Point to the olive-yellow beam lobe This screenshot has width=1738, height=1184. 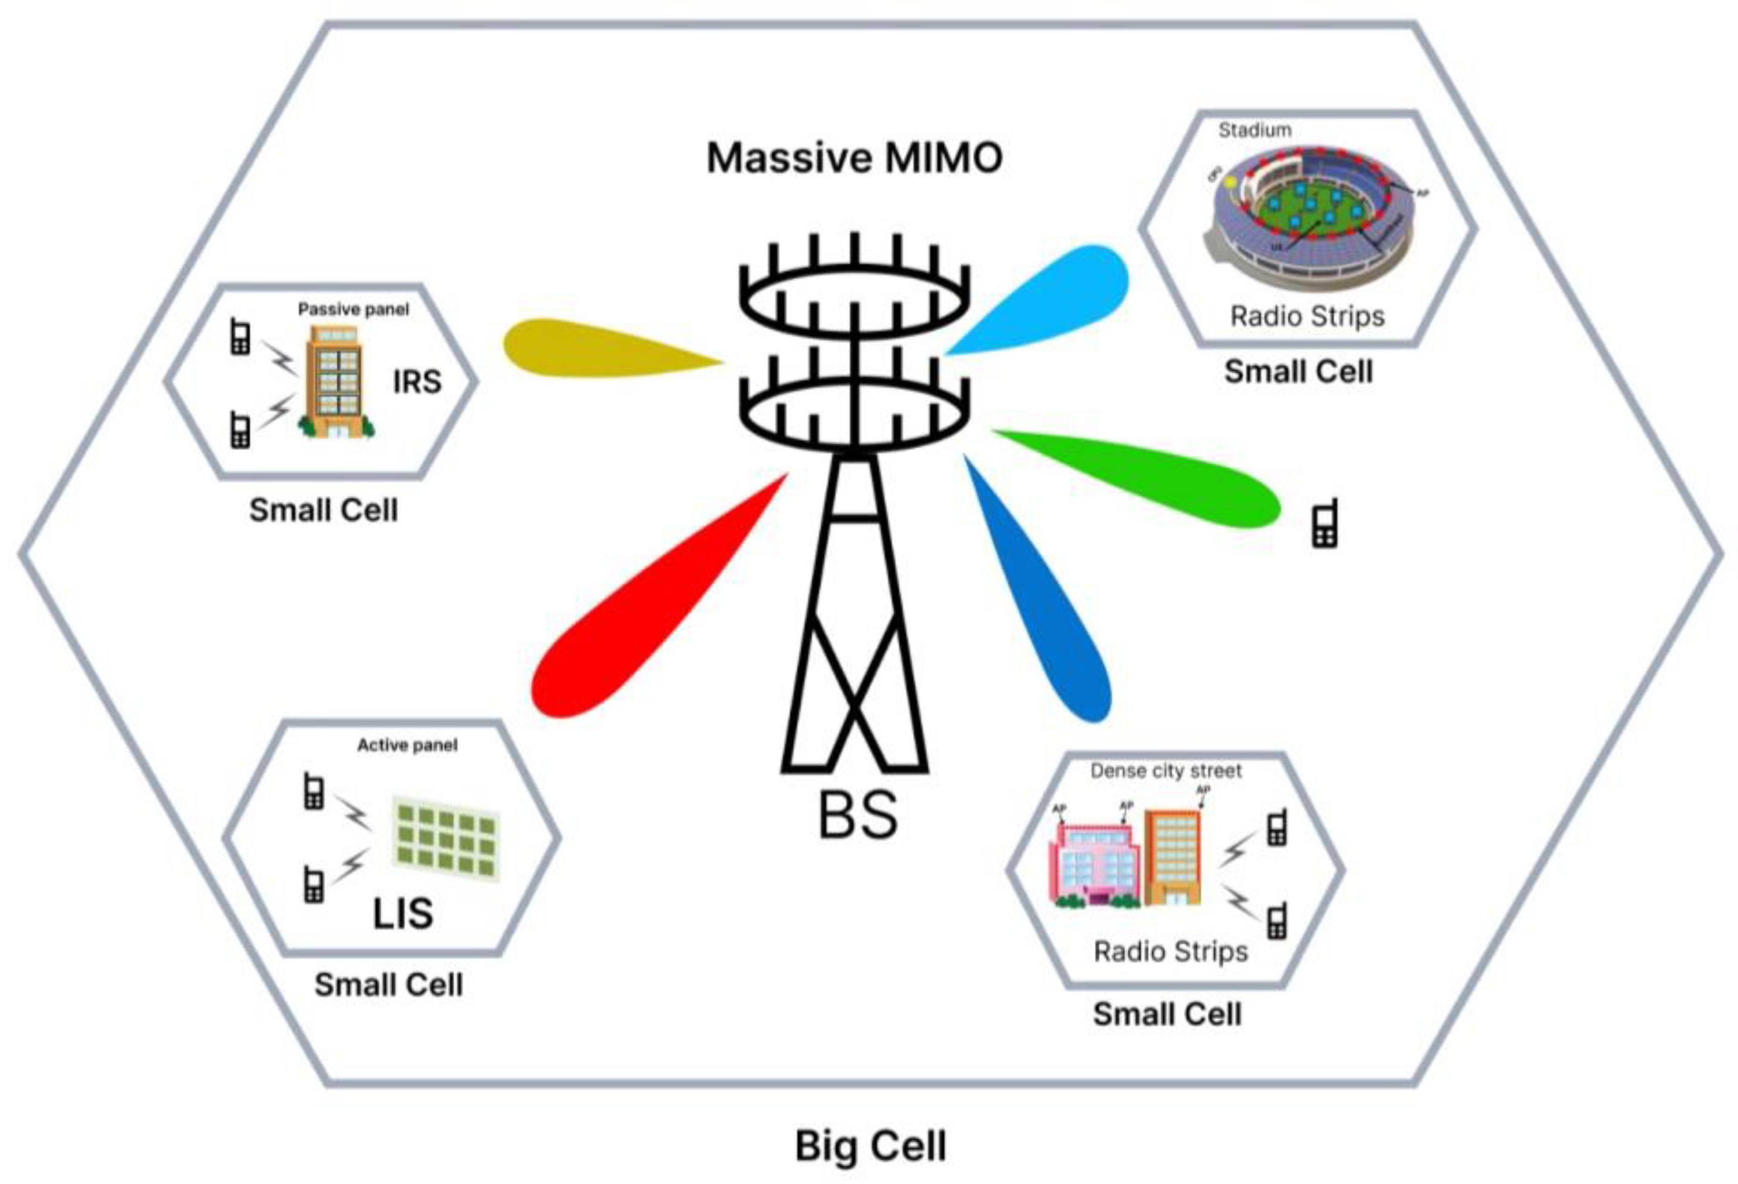tap(583, 348)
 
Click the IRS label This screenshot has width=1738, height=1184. tap(417, 382)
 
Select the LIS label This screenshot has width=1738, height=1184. tap(402, 914)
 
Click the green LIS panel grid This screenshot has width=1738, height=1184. tap(446, 838)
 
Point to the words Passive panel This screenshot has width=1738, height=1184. tap(353, 309)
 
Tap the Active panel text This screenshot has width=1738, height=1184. tap(407, 746)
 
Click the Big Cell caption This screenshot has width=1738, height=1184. tap(870, 1146)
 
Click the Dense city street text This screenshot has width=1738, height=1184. tap(1165, 771)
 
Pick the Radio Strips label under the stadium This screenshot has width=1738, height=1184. tap(1306, 316)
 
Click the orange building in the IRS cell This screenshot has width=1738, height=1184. tap(334, 382)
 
